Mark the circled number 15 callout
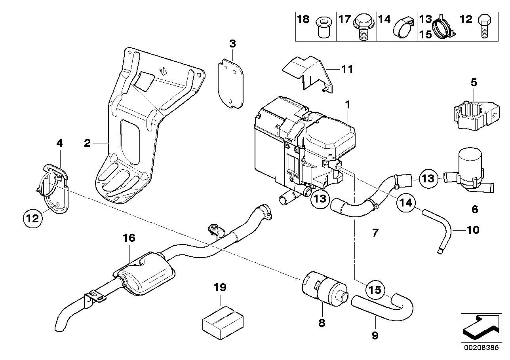375,290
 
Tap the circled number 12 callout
33,218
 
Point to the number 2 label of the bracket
88,143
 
